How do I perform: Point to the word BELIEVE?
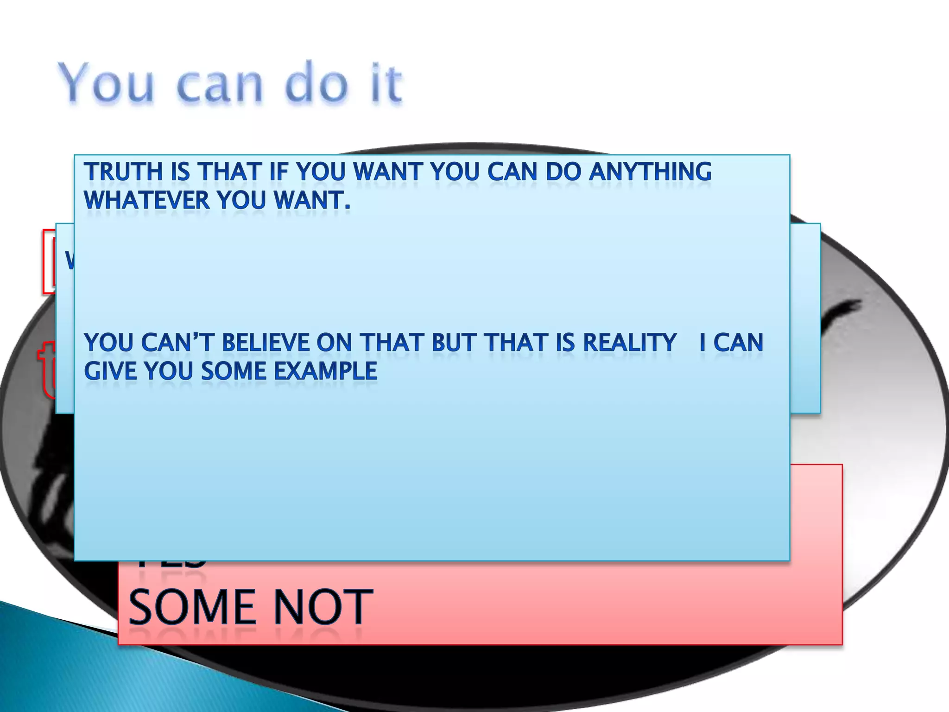tap(266, 343)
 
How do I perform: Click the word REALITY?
tap(629, 343)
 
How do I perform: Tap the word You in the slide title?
tap(106, 83)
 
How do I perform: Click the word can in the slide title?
tap(220, 86)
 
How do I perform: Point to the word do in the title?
tap(316, 83)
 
